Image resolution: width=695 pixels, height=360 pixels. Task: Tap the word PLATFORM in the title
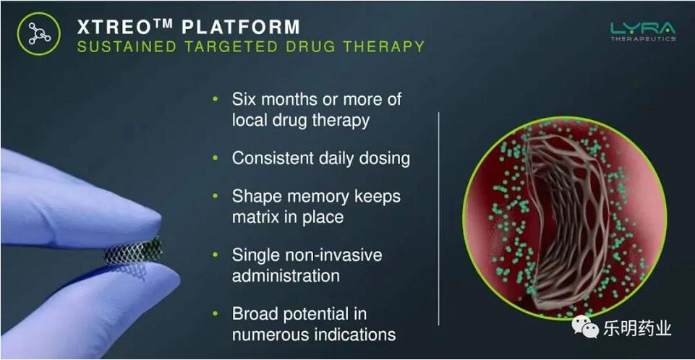coord(241,27)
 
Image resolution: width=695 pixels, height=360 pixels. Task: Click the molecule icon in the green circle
coord(39,34)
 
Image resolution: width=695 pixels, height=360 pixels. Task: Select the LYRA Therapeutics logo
coord(643,31)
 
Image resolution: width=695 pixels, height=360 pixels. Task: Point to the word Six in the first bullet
coord(244,99)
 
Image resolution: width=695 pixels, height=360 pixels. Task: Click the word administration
coord(286,276)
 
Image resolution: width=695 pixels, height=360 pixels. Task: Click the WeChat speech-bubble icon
coord(585,327)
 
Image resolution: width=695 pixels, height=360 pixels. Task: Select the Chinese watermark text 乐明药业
coord(637,329)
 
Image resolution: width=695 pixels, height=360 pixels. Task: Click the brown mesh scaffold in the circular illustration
coord(566,221)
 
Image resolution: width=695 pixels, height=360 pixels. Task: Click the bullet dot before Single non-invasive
coord(216,254)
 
